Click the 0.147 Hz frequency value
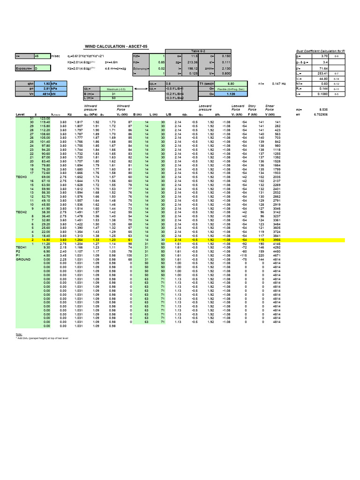pos(277,83)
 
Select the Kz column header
pos(69,114)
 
